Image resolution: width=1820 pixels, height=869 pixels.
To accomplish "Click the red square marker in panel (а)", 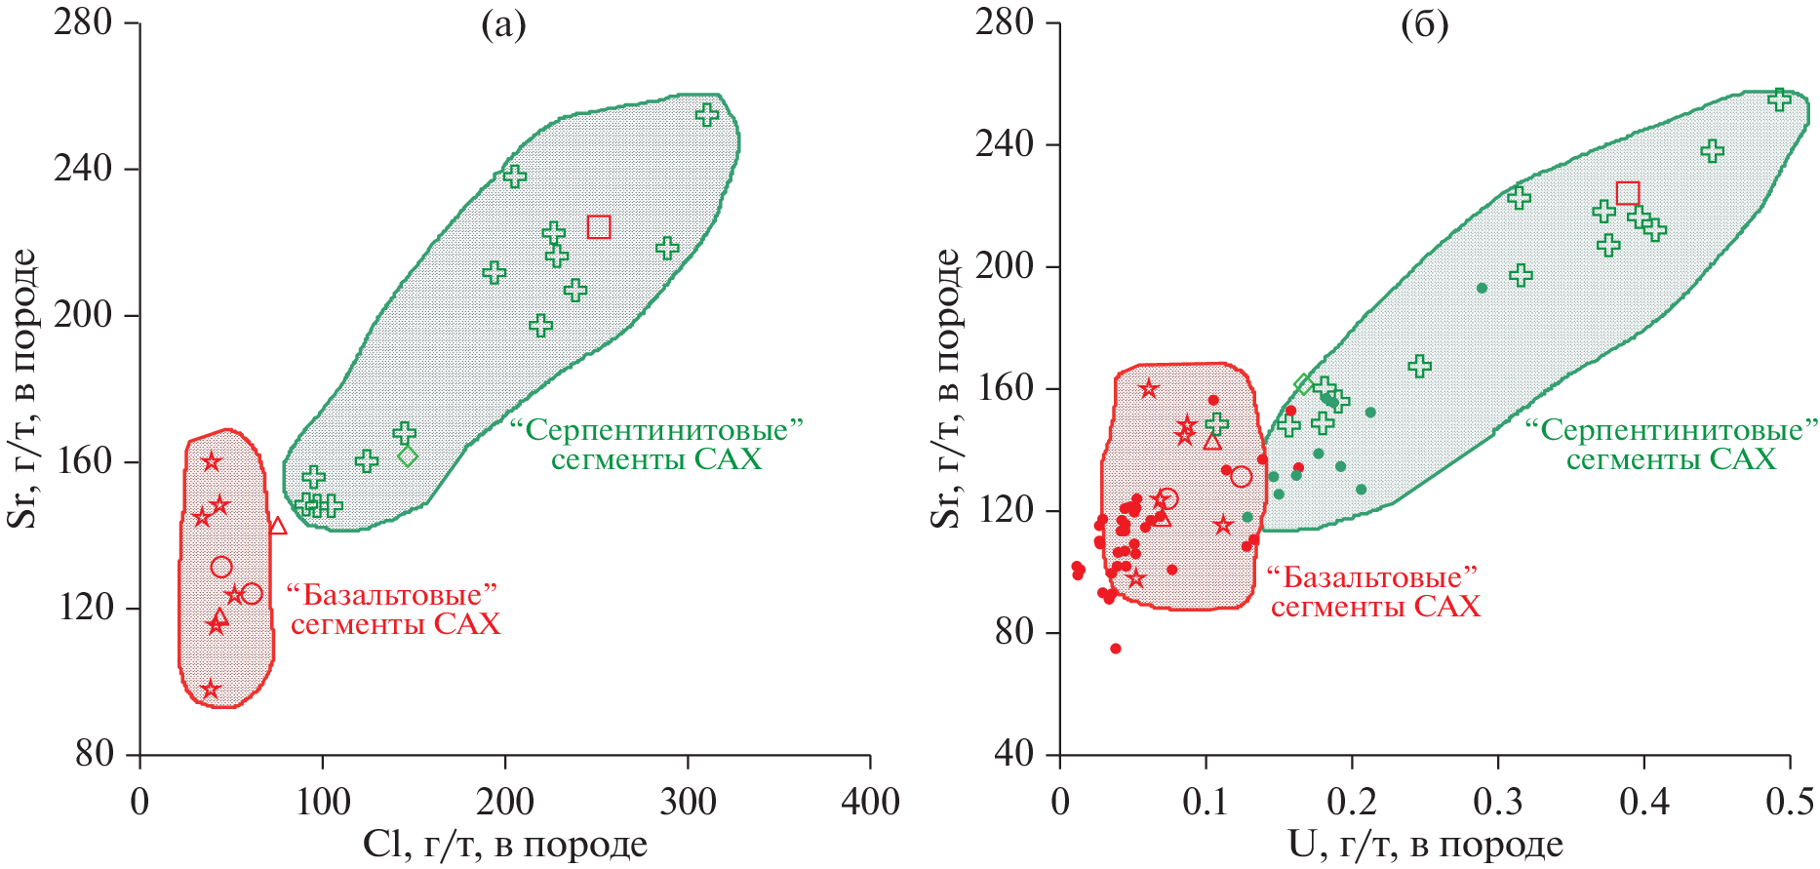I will [x=599, y=227].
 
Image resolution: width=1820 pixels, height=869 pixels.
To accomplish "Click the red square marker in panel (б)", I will [x=1628, y=193].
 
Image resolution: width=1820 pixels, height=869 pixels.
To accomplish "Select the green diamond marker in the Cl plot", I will [x=408, y=455].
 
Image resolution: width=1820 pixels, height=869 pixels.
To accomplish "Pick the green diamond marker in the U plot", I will [x=1304, y=384].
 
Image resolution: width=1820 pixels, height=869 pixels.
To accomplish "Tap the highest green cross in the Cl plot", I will [x=707, y=115].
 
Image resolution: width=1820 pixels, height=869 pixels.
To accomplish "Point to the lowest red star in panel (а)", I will [x=210, y=690].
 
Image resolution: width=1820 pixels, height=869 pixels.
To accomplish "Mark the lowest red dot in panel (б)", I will [x=1116, y=649].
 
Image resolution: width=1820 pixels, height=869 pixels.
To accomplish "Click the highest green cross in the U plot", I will [x=1780, y=99].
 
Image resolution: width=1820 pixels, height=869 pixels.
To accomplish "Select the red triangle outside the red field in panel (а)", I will [x=278, y=527].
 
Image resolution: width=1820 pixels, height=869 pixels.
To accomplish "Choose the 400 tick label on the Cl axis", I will [x=870, y=802].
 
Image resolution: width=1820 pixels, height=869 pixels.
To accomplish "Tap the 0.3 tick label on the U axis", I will [x=1498, y=802].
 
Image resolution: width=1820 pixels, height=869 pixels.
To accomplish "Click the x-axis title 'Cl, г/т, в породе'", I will [x=505, y=845].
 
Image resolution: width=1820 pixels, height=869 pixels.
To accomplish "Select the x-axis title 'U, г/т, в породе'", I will [x=1425, y=845].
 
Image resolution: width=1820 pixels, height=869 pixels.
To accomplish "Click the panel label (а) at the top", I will [x=503, y=25].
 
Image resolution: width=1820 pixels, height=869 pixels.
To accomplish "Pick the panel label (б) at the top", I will [x=1424, y=25].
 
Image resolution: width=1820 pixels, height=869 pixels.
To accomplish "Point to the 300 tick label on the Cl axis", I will [x=688, y=802].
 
